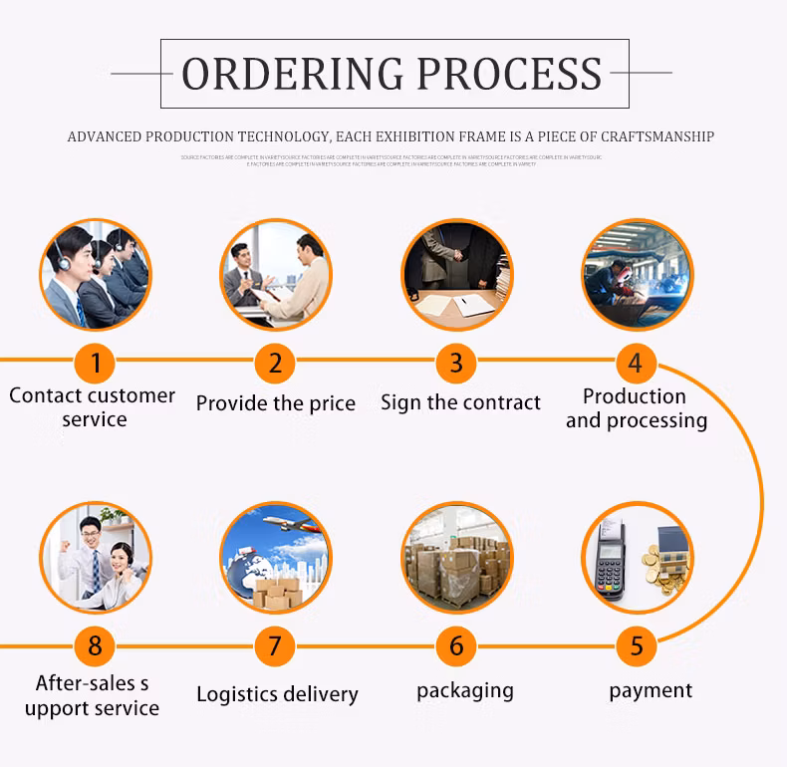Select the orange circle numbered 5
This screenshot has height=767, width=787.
click(636, 646)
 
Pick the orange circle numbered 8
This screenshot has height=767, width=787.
click(96, 646)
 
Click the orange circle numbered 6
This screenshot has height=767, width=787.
click(456, 646)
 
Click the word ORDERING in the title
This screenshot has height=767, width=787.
click(292, 75)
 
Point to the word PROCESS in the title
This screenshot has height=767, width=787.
click(509, 75)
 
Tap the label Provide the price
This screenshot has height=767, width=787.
click(276, 403)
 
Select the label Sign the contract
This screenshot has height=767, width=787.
click(460, 403)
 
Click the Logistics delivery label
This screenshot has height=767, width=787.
click(277, 694)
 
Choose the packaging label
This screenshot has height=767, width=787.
click(465, 690)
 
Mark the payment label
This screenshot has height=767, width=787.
click(651, 690)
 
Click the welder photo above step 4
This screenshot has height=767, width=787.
click(637, 274)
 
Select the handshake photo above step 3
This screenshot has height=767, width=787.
click(456, 274)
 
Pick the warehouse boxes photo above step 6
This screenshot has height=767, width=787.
click(456, 558)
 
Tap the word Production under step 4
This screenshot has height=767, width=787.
click(635, 396)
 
